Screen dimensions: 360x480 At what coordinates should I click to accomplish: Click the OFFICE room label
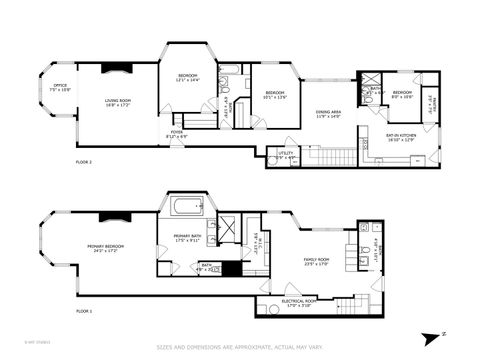click(x=60, y=86)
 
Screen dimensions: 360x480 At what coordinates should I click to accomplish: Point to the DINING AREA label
click(x=328, y=112)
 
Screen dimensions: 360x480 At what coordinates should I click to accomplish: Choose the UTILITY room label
click(x=286, y=153)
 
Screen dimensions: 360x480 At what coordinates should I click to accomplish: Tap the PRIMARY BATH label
click(x=187, y=236)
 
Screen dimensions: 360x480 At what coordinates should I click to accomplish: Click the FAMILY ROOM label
click(x=317, y=258)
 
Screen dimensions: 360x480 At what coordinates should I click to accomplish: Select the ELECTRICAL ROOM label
click(x=300, y=301)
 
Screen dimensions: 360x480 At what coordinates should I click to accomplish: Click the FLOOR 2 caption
click(x=84, y=161)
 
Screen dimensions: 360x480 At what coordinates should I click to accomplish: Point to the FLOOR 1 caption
click(x=84, y=312)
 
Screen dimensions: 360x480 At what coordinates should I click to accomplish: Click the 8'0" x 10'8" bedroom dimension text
click(x=403, y=97)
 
